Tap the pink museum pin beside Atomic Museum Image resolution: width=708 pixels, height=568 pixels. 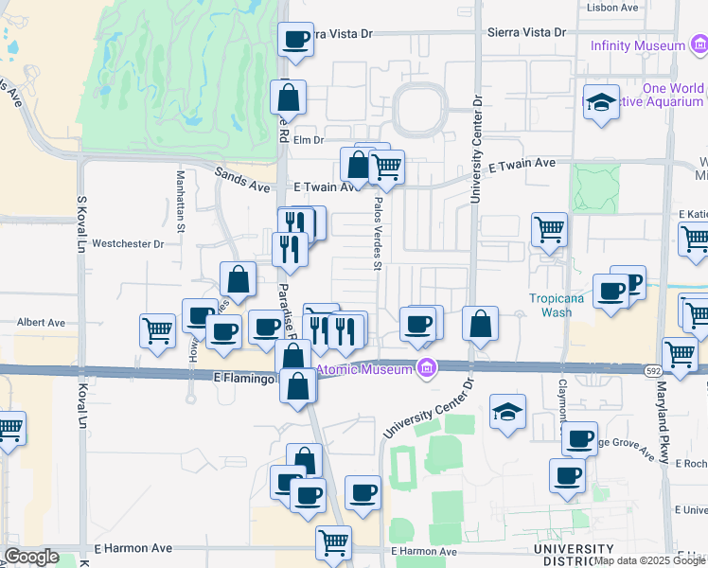(x=428, y=368)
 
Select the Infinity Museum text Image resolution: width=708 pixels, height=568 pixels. (x=637, y=45)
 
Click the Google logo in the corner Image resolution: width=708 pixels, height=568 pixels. (x=31, y=557)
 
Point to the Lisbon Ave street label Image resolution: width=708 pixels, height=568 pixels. (x=611, y=7)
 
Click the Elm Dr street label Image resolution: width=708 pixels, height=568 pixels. (x=309, y=140)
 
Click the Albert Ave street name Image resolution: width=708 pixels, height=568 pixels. (x=41, y=323)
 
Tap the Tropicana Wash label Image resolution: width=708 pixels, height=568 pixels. (x=550, y=303)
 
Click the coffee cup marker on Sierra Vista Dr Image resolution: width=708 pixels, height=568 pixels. (x=295, y=41)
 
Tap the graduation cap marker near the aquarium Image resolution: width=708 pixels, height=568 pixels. (x=601, y=102)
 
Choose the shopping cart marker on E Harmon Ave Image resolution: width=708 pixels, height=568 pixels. (x=333, y=543)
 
